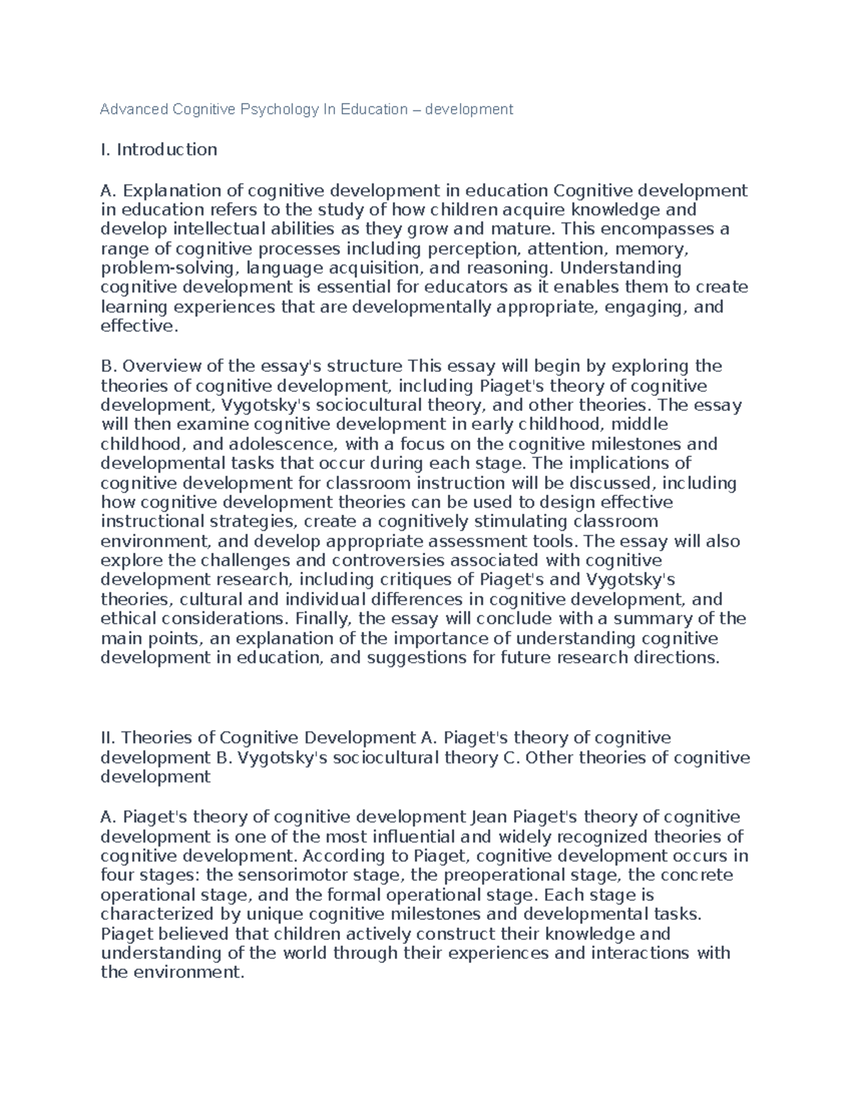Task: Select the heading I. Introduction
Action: pyautogui.click(x=159, y=150)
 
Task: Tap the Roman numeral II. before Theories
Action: pyautogui.click(x=109, y=739)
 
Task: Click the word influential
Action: pyautogui.click(x=407, y=837)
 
